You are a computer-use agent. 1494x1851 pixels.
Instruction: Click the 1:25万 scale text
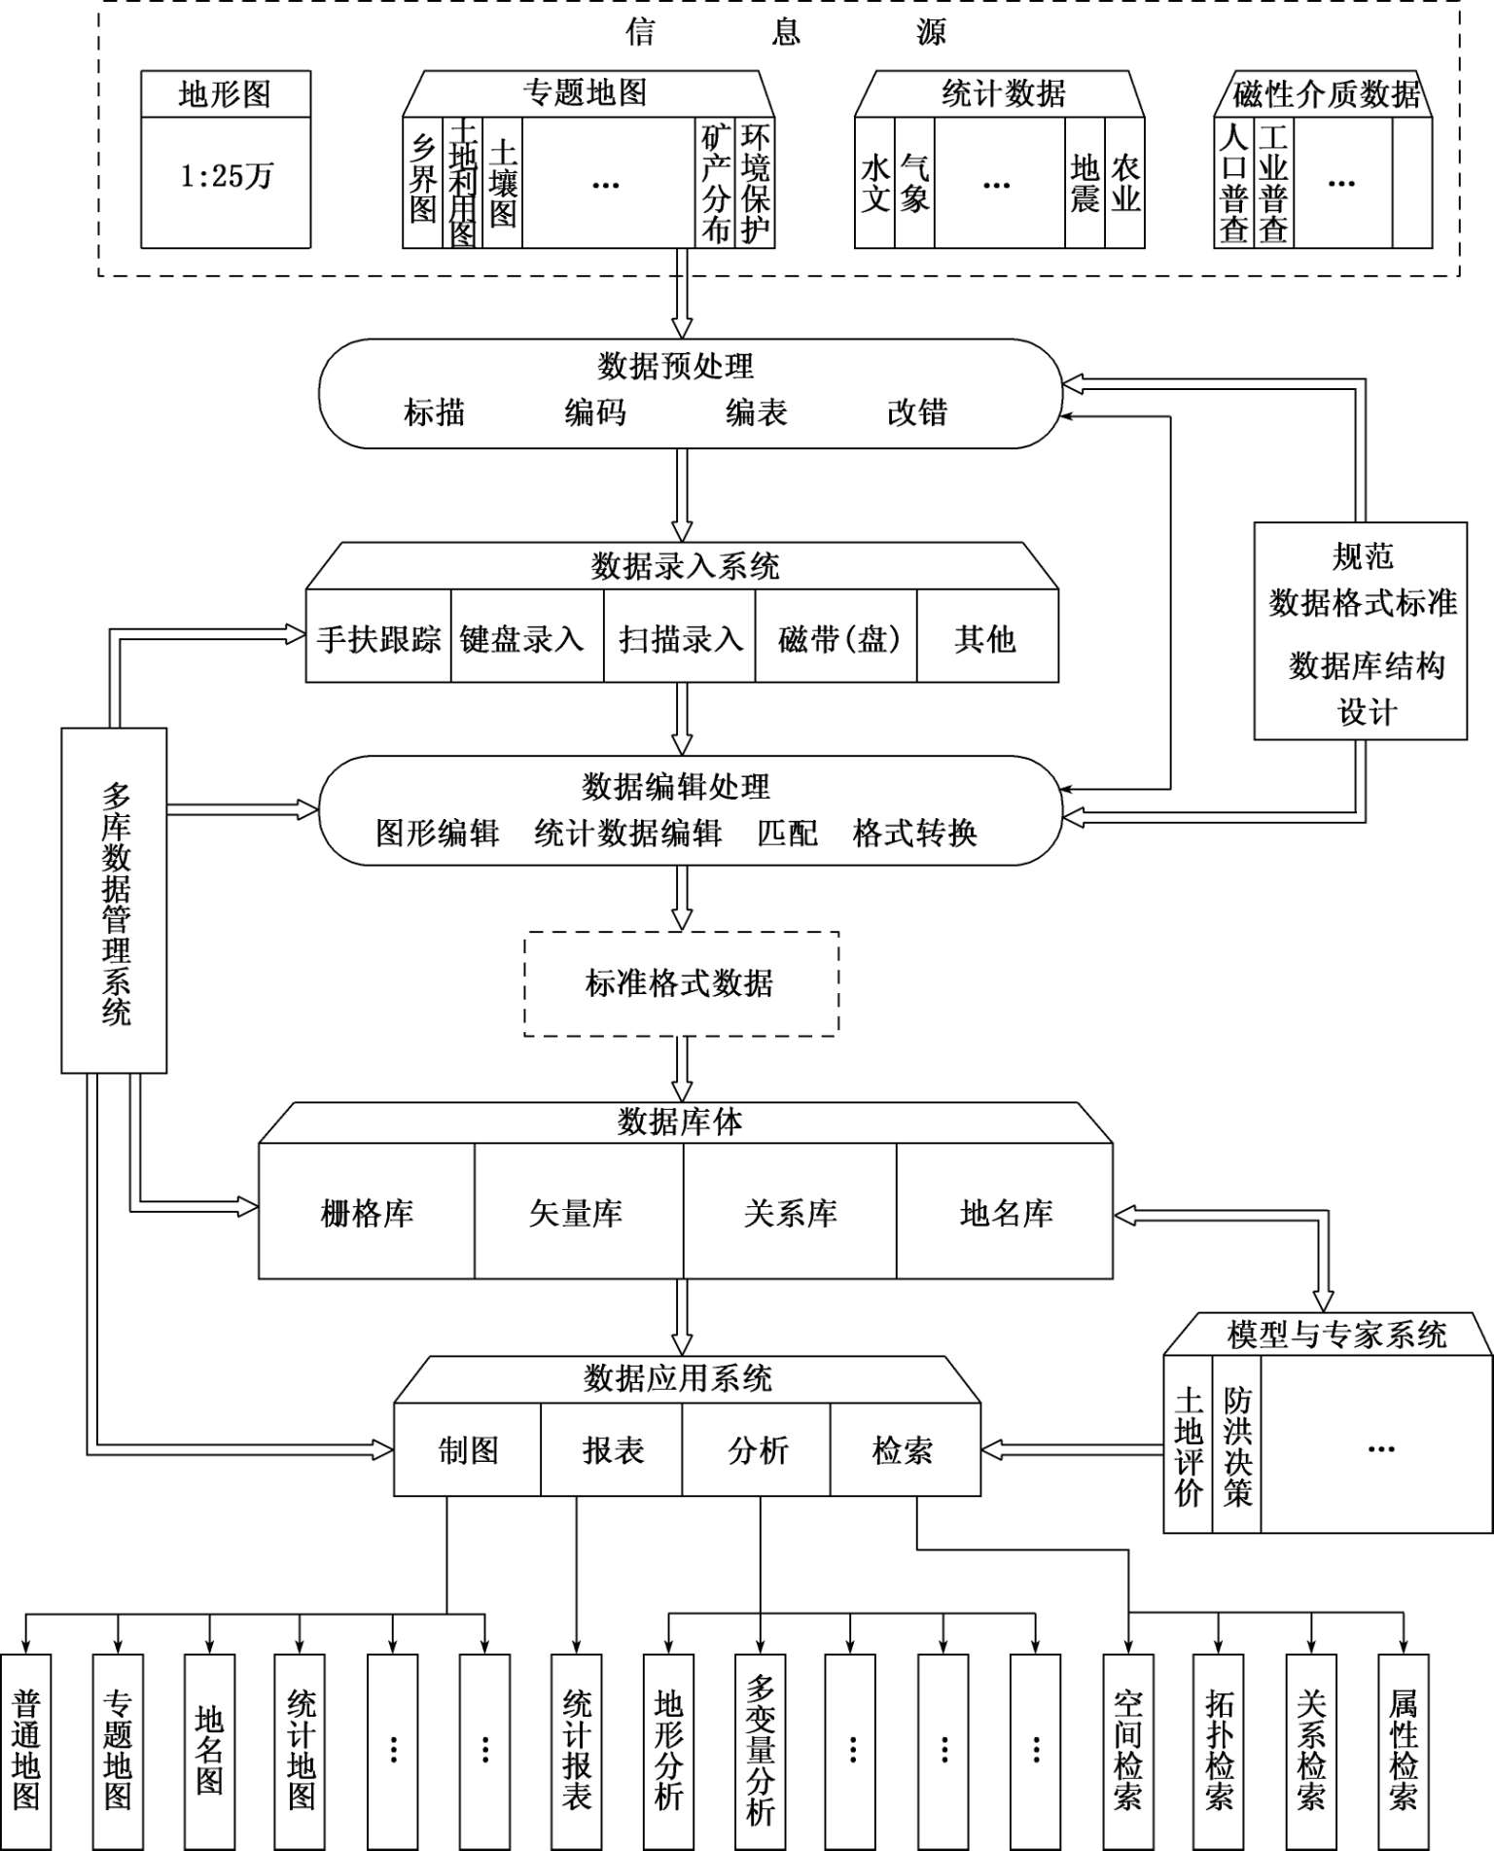pyautogui.click(x=226, y=176)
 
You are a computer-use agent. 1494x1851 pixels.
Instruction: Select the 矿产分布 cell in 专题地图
pyautogui.click(x=716, y=183)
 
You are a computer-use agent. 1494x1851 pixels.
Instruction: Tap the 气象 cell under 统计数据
pyautogui.click(x=914, y=183)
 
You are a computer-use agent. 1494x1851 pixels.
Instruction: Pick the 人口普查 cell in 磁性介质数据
pyautogui.click(x=1233, y=183)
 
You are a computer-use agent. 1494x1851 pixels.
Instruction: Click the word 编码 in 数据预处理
pyautogui.click(x=595, y=412)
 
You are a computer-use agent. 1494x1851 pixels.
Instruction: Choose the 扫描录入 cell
pyautogui.click(x=680, y=639)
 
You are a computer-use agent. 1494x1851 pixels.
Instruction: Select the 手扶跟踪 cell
pyautogui.click(x=378, y=639)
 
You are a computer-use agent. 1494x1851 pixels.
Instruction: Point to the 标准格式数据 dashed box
pyautogui.click(x=681, y=983)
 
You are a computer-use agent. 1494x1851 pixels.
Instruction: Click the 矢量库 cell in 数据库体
pyautogui.click(x=577, y=1213)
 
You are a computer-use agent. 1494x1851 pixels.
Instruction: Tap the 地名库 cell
pyautogui.click(x=1006, y=1213)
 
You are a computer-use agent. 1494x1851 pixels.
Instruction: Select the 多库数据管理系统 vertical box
pyautogui.click(x=115, y=901)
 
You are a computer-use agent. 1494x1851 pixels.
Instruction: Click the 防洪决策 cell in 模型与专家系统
pyautogui.click(x=1236, y=1447)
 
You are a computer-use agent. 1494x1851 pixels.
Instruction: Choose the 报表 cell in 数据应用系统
pyautogui.click(x=613, y=1450)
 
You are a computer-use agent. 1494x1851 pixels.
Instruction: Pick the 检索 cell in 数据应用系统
pyautogui.click(x=904, y=1450)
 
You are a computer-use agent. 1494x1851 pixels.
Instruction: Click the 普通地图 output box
pyautogui.click(x=26, y=1751)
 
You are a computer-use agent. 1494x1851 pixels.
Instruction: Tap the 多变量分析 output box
pyautogui.click(x=761, y=1751)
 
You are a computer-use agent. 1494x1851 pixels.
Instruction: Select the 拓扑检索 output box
pyautogui.click(x=1219, y=1751)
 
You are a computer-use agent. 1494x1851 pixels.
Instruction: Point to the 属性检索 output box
pyautogui.click(x=1403, y=1751)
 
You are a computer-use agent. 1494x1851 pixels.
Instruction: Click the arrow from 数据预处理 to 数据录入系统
pyautogui.click(x=683, y=494)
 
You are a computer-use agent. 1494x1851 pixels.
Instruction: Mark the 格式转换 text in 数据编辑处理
pyautogui.click(x=914, y=833)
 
